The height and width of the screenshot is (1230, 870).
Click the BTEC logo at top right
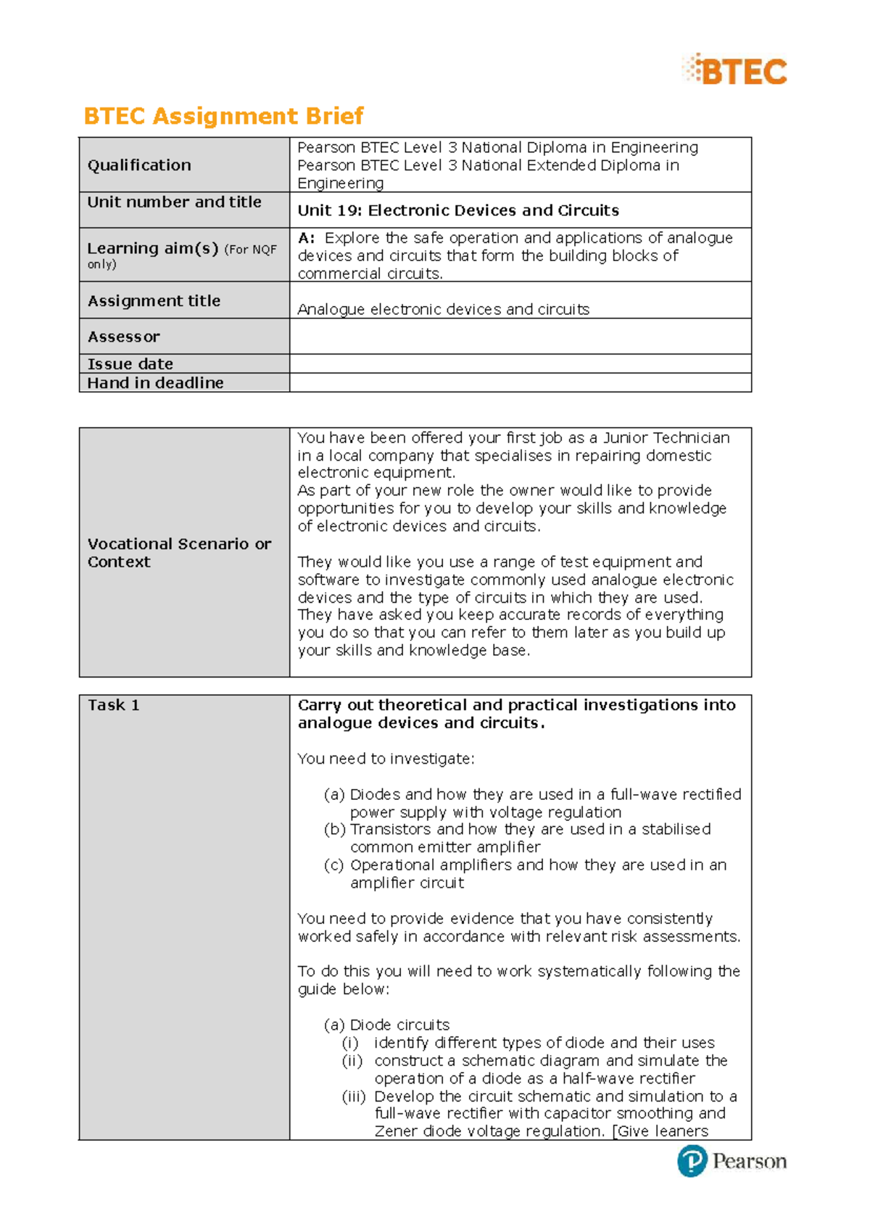pos(734,70)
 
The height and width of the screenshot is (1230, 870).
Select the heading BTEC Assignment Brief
pos(223,116)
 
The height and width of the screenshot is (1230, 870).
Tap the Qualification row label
pos(139,165)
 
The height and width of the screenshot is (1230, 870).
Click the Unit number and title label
pos(174,202)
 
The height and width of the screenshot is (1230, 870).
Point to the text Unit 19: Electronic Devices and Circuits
pos(458,211)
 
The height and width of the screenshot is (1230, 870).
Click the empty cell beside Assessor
pos(520,337)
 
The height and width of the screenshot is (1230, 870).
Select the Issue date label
pos(130,364)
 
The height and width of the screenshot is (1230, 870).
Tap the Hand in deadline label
pos(155,383)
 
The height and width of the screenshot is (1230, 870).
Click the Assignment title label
pos(154,301)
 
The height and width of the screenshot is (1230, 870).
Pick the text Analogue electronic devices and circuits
pos(443,310)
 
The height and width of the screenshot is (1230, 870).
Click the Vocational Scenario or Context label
pos(179,553)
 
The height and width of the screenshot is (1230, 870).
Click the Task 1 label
pos(114,705)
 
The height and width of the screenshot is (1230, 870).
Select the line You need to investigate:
pos(386,759)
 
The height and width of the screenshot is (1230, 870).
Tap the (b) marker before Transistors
pos(334,830)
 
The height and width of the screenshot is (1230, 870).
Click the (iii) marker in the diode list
pos(353,1097)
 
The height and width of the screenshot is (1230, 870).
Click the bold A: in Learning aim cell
pos(306,239)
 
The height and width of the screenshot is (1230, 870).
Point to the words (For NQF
pos(251,249)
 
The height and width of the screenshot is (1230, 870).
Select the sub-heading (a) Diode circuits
pos(386,1025)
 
